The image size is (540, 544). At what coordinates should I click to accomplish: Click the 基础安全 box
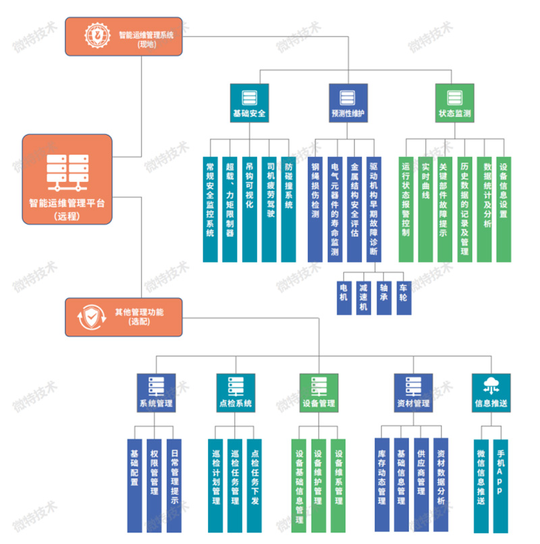coord(249,104)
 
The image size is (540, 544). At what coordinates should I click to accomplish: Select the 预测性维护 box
coord(348,104)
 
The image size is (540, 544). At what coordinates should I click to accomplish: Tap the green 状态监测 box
coord(454,104)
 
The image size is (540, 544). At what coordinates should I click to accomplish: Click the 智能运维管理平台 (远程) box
coord(67,180)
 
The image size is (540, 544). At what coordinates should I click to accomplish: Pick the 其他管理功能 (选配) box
coord(124,316)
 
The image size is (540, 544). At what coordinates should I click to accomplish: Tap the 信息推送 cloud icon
coord(491,385)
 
